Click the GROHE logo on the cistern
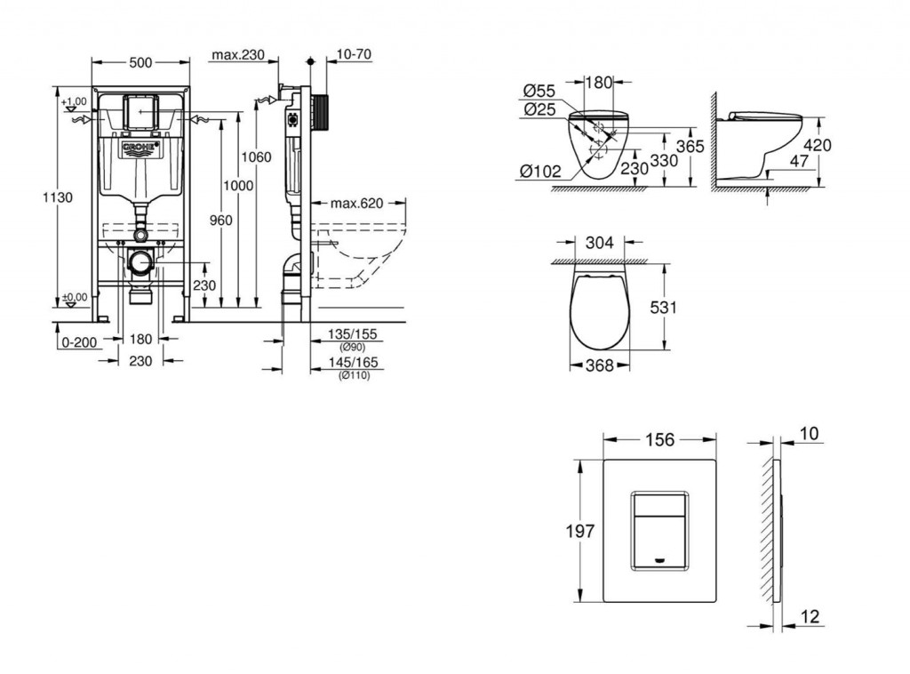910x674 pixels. [140, 148]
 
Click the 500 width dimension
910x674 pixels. [140, 63]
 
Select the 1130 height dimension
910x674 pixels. [58, 197]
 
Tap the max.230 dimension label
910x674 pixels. [237, 55]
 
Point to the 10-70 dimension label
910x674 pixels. [354, 54]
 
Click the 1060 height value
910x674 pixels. [256, 156]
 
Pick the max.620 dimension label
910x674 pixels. [357, 204]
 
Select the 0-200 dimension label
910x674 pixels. [79, 342]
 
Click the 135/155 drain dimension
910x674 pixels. [352, 334]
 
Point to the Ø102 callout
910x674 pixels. [540, 172]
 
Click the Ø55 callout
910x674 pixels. [539, 92]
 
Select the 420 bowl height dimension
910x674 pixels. [818, 145]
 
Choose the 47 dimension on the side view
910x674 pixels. [799, 161]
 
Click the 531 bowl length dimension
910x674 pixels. [663, 307]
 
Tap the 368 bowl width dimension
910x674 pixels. [600, 365]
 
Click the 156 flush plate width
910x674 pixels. [660, 440]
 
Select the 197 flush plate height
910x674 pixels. [580, 531]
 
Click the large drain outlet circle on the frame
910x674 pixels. [140, 263]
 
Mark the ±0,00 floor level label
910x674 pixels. [75, 297]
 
